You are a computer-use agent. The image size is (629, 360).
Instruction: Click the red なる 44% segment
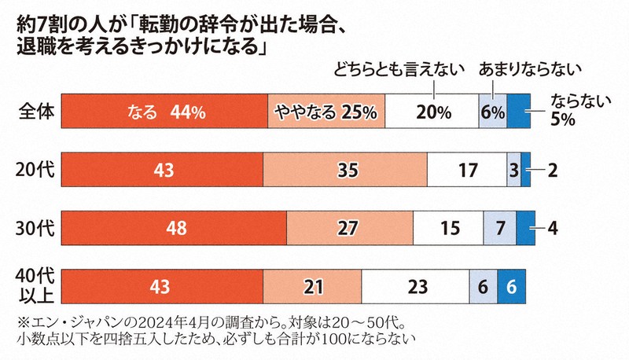164,112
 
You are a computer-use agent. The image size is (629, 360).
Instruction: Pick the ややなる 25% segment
326,112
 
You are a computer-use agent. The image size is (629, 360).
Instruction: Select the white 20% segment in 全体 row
432,112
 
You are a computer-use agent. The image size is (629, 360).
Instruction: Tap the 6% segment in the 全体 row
492,112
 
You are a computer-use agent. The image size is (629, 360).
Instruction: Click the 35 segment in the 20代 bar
345,169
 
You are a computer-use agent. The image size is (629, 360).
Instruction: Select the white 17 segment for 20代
466,169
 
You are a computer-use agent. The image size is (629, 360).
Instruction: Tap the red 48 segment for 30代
174,227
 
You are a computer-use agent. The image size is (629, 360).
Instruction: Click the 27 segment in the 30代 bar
350,227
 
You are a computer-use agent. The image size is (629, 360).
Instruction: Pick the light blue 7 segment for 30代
499,227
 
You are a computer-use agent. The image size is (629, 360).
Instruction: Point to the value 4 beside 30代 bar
553,227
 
